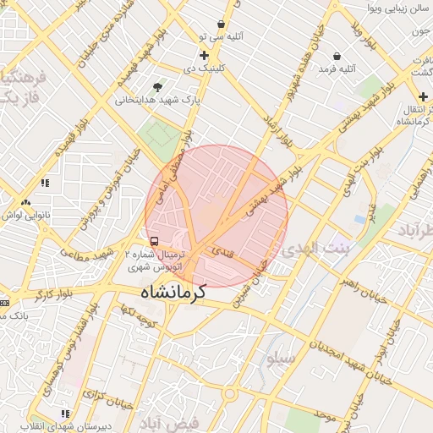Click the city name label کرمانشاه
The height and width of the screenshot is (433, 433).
(173, 293)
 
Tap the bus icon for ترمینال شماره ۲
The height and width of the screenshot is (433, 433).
(153, 241)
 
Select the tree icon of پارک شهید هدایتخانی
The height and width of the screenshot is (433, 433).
(157, 87)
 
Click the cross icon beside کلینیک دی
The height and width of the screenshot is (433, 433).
(204, 56)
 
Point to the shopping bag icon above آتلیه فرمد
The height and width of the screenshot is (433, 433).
(337, 56)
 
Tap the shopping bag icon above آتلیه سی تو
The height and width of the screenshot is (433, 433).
(221, 25)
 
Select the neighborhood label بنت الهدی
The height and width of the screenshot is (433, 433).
(315, 249)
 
